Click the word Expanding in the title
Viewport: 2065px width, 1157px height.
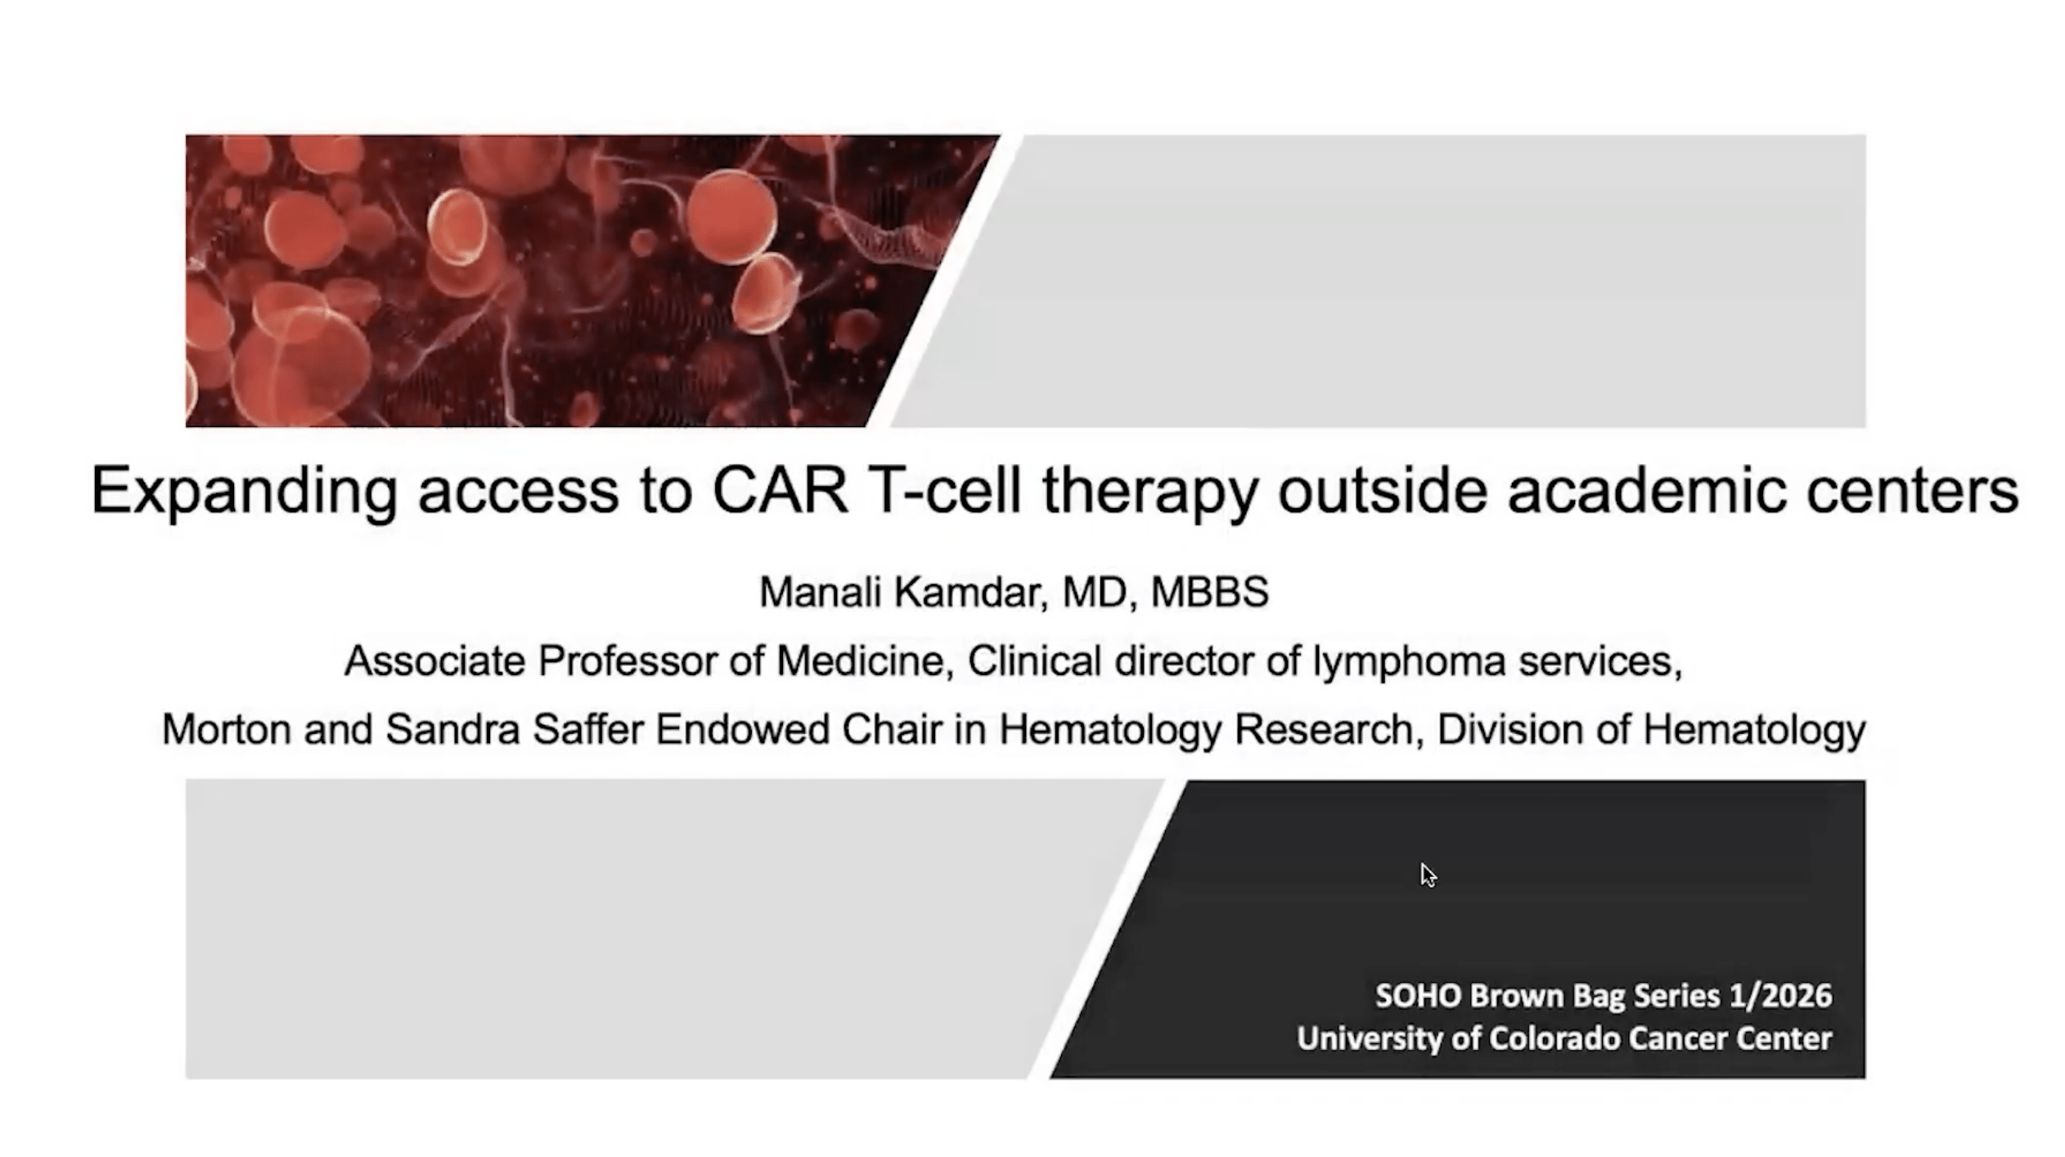(244, 491)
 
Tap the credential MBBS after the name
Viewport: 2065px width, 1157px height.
(1210, 592)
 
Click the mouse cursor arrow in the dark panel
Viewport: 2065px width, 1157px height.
(1428, 875)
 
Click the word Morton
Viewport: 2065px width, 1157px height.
(227, 729)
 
